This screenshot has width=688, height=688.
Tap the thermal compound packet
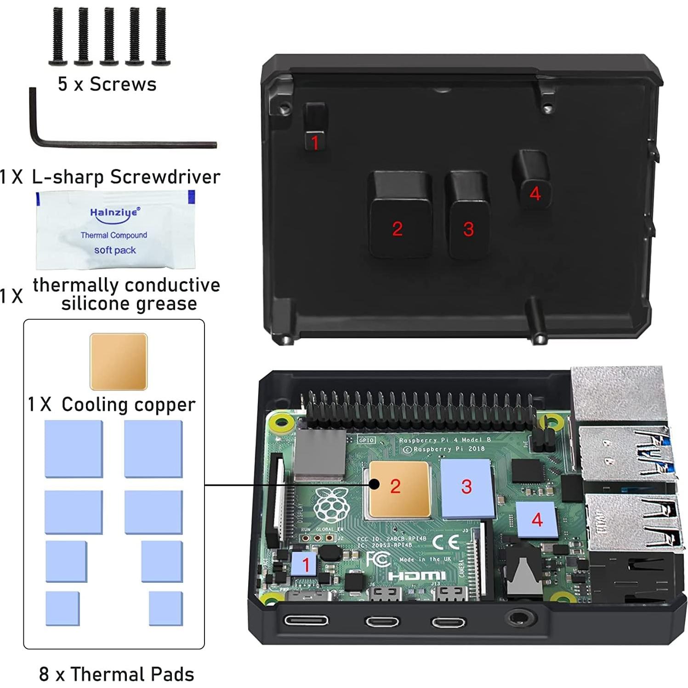click(115, 230)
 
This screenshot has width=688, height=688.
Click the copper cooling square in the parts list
click(119, 362)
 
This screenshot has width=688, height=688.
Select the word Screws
click(123, 85)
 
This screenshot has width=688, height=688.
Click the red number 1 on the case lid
click(315, 142)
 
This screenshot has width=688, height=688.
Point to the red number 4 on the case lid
click(535, 193)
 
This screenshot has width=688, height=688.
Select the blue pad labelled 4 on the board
click(537, 520)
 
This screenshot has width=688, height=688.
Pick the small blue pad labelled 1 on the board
click(304, 564)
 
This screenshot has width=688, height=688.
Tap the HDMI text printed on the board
click(417, 575)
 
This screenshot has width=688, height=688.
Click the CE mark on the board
click(445, 542)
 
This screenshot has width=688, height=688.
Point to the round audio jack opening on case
click(521, 617)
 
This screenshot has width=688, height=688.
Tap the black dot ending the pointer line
click(374, 484)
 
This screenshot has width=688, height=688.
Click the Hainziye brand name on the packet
click(114, 213)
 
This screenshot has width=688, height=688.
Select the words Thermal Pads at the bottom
click(132, 674)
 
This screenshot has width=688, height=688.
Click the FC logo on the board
click(378, 560)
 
